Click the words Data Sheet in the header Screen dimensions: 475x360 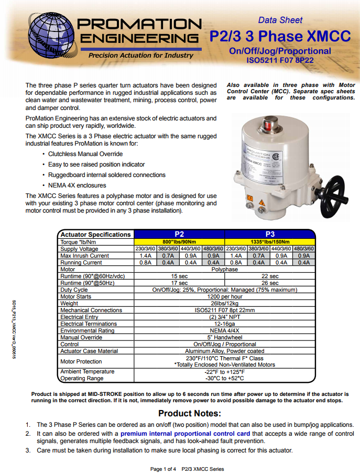click(x=280, y=20)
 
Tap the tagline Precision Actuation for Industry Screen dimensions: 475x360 click(x=140, y=55)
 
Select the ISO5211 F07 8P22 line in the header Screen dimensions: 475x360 click(x=280, y=60)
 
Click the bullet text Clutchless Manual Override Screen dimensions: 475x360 click(x=85, y=154)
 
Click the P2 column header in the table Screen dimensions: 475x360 click(x=179, y=234)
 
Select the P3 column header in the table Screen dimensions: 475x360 click(x=270, y=234)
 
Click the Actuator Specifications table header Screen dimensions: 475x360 click(x=95, y=235)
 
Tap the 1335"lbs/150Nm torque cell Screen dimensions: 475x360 click(x=270, y=242)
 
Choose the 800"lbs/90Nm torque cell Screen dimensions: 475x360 click(x=179, y=242)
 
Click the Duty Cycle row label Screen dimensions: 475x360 click(x=74, y=290)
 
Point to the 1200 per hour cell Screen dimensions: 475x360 click(x=225, y=296)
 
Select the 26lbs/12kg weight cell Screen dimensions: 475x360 click(x=225, y=303)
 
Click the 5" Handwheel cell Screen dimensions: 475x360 click(x=225, y=338)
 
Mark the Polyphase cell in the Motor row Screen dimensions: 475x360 click(x=225, y=269)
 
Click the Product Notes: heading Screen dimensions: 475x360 click(x=190, y=413)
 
